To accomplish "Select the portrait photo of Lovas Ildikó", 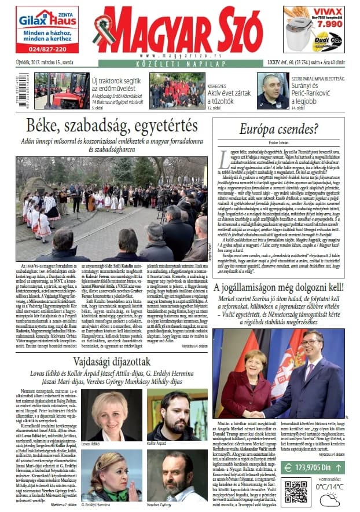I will point(111,415).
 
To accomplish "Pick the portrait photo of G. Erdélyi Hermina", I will point(111,475).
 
